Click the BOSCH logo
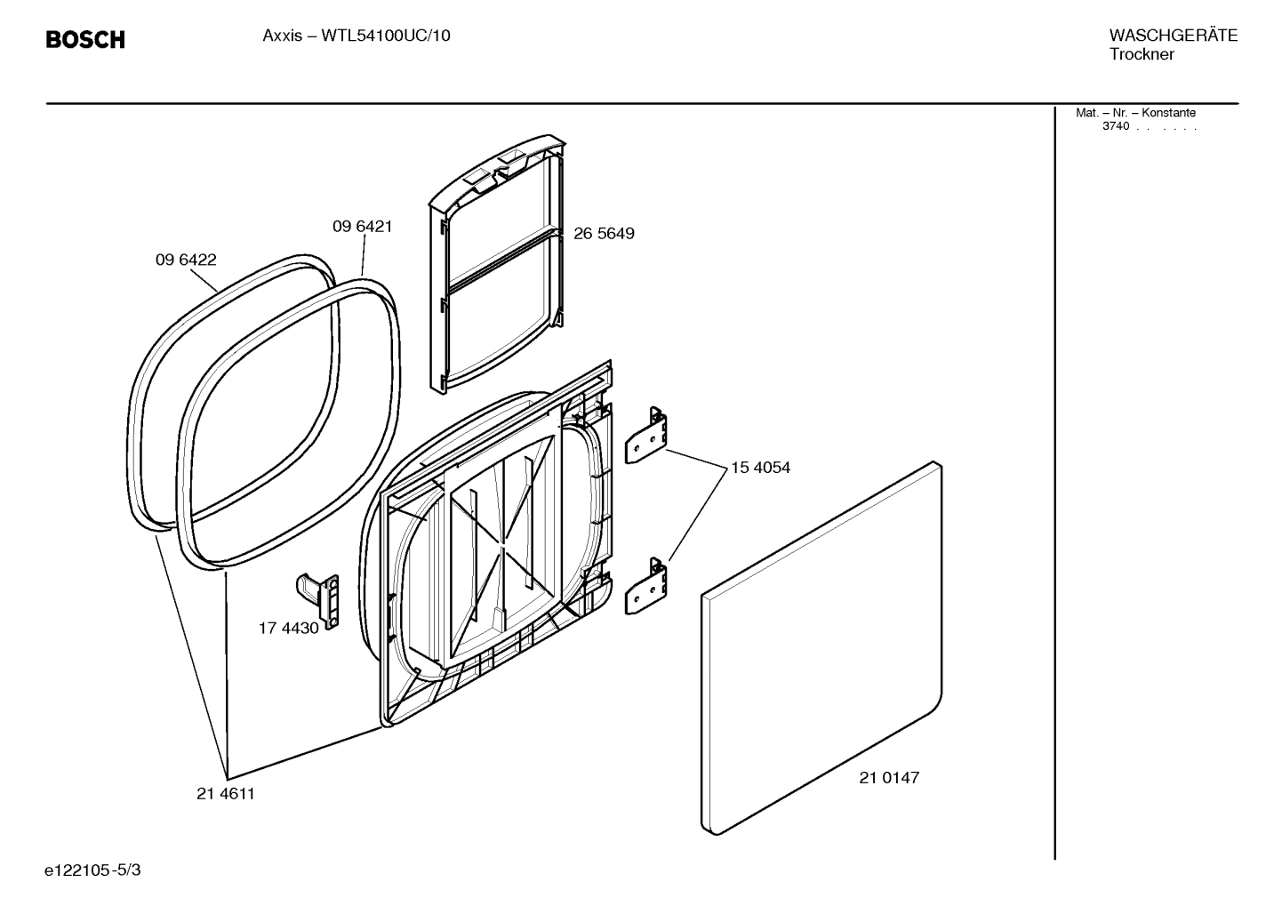[85, 40]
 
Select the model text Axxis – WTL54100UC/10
[356, 36]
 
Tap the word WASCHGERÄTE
[1173, 36]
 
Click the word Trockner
[1142, 55]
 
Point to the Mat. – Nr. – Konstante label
[1135, 113]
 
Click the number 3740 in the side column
[1116, 126]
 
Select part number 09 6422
[186, 260]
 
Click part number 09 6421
[362, 227]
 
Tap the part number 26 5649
[604, 234]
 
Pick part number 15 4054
[760, 467]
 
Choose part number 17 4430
[288, 628]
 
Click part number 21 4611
[226, 794]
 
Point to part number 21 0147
[889, 777]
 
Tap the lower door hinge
[648, 587]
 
